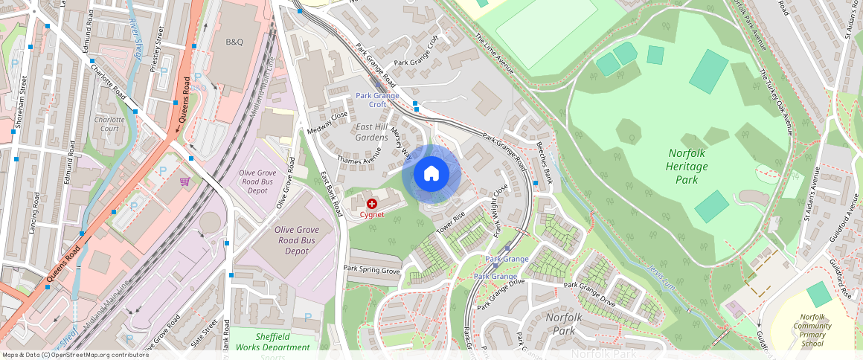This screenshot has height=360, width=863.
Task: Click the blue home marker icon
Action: click(x=431, y=174)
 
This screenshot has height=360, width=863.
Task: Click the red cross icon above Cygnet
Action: click(x=372, y=203)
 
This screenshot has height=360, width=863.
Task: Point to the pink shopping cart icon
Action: click(x=185, y=181)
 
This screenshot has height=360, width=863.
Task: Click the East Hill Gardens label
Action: click(x=371, y=132)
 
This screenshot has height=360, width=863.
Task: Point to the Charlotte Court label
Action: click(x=109, y=123)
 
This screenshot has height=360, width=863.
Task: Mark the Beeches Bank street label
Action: click(x=545, y=161)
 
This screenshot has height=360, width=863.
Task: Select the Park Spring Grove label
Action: click(x=371, y=269)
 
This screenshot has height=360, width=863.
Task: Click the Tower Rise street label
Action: click(x=451, y=222)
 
